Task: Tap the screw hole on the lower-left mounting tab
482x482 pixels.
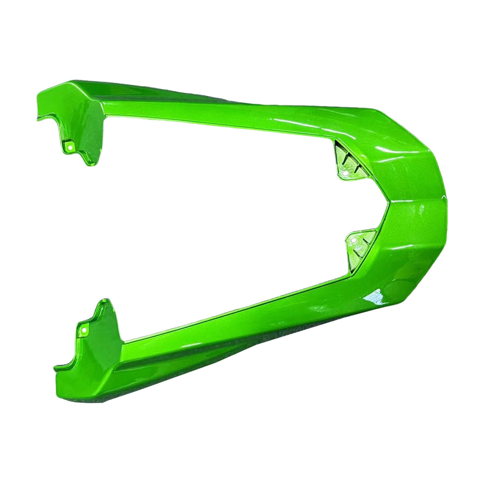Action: (84, 330)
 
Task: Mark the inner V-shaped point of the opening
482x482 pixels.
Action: (389, 202)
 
